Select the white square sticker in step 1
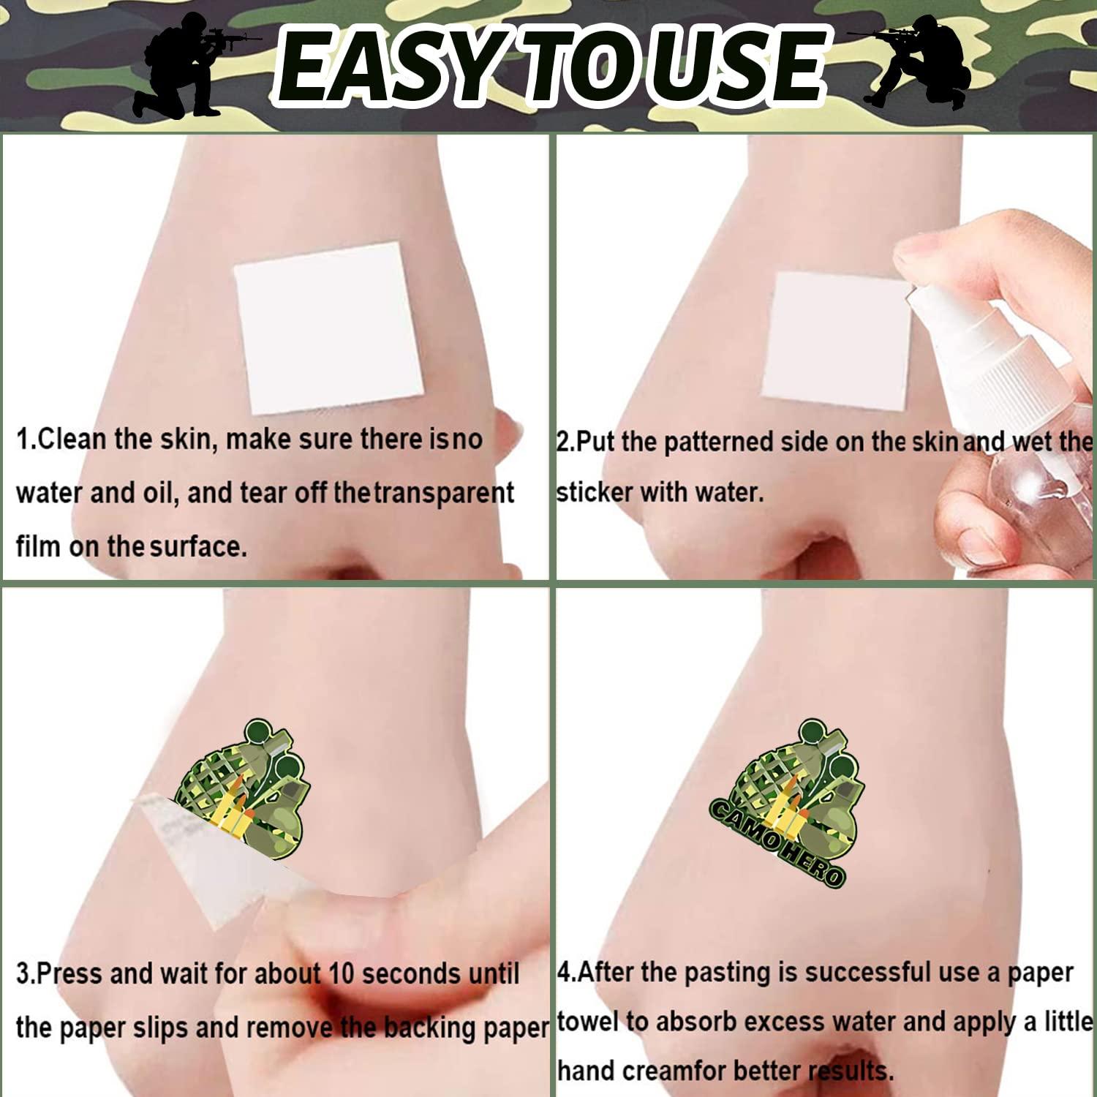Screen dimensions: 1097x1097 click(329, 328)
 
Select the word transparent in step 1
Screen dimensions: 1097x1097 click(445, 494)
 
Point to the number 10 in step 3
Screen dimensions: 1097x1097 click(341, 973)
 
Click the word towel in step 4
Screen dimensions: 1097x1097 click(588, 1022)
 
